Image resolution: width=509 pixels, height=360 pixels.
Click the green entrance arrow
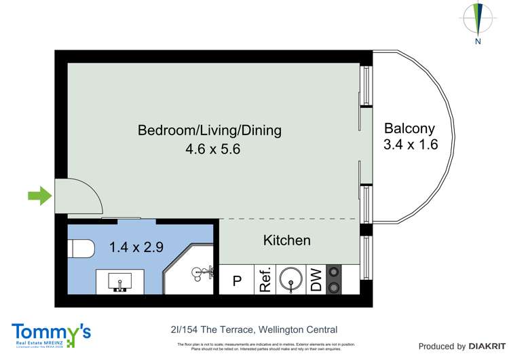click(39, 197)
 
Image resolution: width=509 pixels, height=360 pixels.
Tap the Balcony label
click(409, 128)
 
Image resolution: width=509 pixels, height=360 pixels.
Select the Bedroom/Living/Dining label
click(210, 130)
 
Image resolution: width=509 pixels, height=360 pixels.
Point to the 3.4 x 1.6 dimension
click(410, 144)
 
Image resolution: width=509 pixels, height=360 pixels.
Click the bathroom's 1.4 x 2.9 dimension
click(136, 247)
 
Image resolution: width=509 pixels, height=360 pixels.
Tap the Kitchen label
click(286, 240)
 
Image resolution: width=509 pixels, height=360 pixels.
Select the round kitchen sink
click(291, 279)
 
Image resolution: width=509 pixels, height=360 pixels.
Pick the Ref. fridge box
click(264, 280)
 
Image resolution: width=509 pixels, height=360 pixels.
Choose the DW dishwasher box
click(316, 280)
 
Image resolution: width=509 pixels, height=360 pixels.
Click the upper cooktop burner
click(333, 272)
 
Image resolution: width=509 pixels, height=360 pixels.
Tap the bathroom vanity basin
click(120, 281)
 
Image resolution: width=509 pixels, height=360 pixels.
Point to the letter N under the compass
click(478, 41)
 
